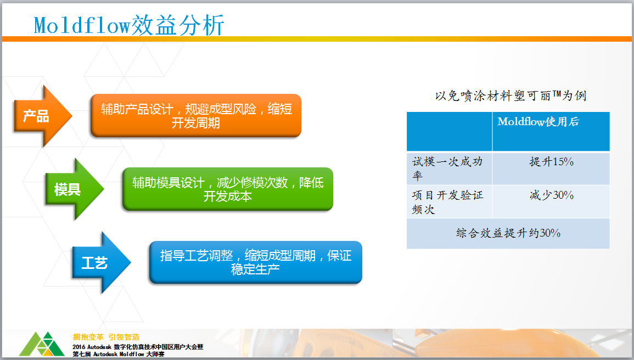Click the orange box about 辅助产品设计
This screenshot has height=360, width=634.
point(196,116)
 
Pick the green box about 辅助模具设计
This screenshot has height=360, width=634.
point(228,189)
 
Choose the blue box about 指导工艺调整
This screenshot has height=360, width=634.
point(256,262)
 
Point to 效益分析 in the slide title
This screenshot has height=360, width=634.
point(178,25)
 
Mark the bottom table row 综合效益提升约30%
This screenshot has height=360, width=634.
point(508,234)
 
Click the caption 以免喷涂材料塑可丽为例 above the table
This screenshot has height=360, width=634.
point(510,95)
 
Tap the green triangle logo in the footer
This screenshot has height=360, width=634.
point(42,344)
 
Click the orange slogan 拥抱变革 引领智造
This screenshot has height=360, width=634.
point(106,337)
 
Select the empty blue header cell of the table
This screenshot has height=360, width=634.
point(449,131)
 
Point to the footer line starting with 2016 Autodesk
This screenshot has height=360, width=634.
point(138,347)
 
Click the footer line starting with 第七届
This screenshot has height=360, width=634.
point(119,354)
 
